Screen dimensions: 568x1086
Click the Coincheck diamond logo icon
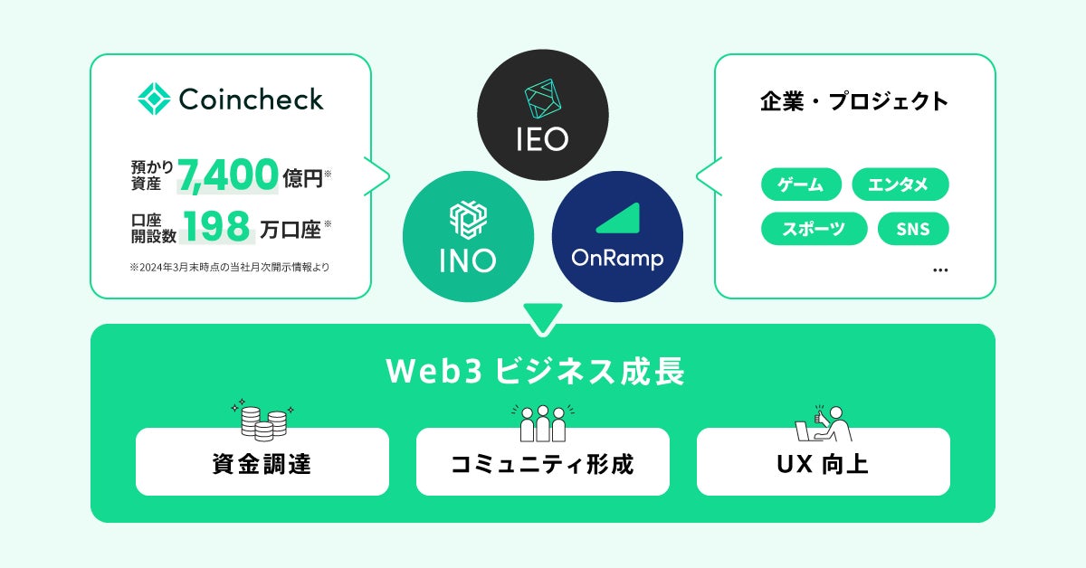tap(154, 99)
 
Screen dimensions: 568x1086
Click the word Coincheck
tap(251, 99)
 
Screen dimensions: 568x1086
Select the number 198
tap(217, 226)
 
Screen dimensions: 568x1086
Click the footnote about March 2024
tap(230, 267)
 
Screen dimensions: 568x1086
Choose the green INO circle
tap(467, 237)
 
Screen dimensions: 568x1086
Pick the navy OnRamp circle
tap(617, 237)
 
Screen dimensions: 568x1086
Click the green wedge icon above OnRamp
tap(617, 219)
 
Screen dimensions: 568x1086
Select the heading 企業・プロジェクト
tap(854, 100)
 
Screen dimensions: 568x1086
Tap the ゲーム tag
tap(801, 185)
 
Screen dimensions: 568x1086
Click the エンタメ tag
tap(900, 185)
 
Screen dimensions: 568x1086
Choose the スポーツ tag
tap(814, 229)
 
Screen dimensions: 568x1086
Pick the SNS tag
tap(912, 229)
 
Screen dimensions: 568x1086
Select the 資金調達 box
tap(262, 462)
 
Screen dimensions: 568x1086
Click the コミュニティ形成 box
tap(543, 462)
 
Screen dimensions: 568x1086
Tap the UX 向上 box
tap(824, 462)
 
